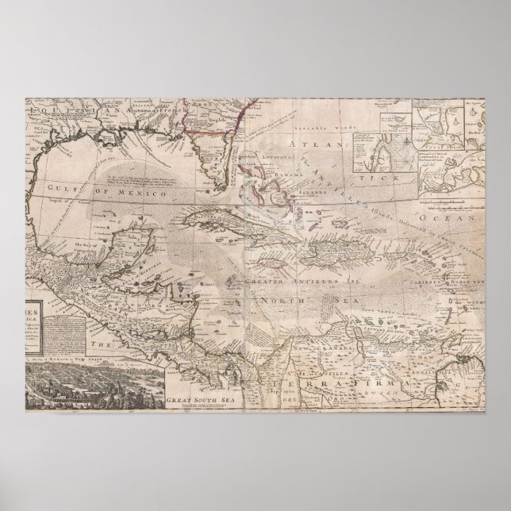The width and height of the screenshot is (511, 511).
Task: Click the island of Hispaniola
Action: coord(341,254)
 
